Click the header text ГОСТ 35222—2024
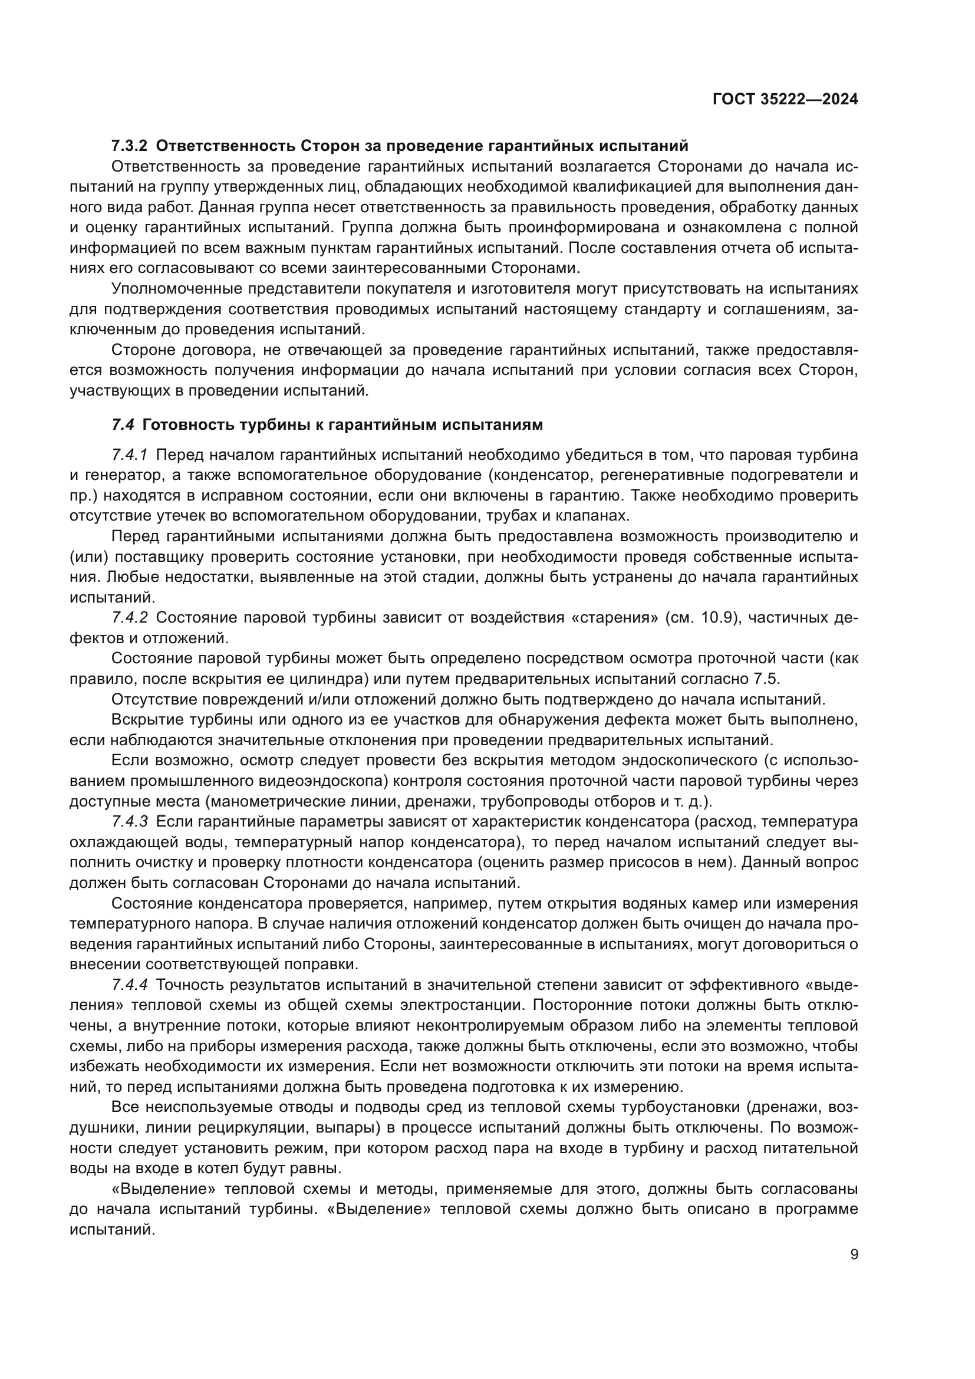click(x=785, y=100)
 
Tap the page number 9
click(x=854, y=1254)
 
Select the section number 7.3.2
click(x=129, y=146)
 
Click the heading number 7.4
click(x=123, y=424)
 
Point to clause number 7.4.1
click(x=130, y=454)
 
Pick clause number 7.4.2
click(x=130, y=617)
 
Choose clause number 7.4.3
click(x=130, y=822)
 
